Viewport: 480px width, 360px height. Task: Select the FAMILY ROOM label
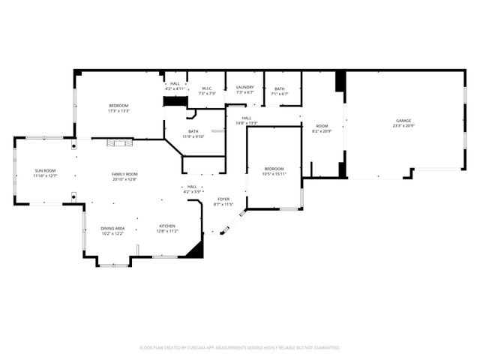point(125,174)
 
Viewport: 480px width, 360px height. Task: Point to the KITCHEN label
point(166,226)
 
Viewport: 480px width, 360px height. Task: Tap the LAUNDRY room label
point(245,88)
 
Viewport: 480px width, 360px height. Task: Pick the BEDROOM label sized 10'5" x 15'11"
point(275,169)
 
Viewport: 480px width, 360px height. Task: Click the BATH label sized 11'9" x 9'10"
point(193,132)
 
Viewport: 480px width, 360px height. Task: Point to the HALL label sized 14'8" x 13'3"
point(247,118)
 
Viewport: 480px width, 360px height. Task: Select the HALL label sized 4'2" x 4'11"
point(175,83)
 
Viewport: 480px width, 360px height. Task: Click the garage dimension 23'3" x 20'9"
point(403,126)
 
